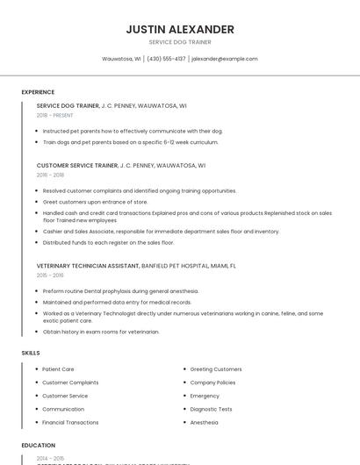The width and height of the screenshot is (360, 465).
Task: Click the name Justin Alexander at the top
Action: pos(180,29)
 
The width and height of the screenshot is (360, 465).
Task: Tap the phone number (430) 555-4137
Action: pos(166,59)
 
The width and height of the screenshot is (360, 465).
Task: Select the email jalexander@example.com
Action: pos(225,59)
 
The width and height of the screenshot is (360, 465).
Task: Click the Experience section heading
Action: pos(38,91)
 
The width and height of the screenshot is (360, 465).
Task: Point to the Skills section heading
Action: pos(31,352)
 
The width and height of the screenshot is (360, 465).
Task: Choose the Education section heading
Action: pos(39,445)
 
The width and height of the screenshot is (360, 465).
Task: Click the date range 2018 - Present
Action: pos(54,115)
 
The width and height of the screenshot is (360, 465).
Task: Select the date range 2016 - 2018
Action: pos(50,175)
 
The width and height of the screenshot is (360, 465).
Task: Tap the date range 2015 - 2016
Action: pos(50,275)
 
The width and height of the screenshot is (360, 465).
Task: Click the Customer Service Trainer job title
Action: pos(77,165)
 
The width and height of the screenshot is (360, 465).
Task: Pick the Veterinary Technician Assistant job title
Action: pos(88,265)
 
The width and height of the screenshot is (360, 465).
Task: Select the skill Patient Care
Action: pos(58,369)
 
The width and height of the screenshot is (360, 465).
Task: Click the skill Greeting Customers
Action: pos(216,369)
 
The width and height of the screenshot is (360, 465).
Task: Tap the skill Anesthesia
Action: pos(205,422)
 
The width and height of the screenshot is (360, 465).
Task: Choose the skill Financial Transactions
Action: pos(70,422)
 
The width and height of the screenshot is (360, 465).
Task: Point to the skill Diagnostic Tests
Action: pos(211,409)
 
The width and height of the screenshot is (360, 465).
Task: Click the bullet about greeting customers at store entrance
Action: pos(95,201)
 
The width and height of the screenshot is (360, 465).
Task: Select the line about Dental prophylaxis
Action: pos(120,290)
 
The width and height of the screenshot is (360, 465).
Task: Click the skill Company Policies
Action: pos(212,383)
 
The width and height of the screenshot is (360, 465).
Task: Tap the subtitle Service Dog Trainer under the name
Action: pos(180,42)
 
